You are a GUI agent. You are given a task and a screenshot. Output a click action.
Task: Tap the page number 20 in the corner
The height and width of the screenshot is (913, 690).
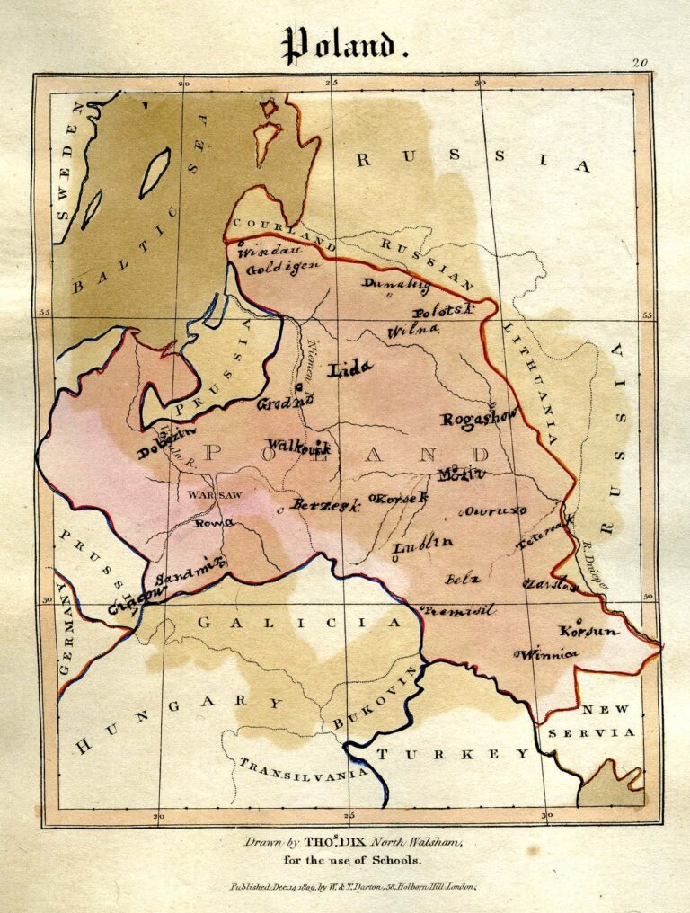(639, 63)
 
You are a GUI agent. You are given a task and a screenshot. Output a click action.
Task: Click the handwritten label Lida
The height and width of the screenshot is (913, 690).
(350, 368)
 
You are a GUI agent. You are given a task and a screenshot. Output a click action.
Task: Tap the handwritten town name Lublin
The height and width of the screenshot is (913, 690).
(422, 542)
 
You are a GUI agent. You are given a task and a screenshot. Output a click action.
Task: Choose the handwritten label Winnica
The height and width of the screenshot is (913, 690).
(545, 654)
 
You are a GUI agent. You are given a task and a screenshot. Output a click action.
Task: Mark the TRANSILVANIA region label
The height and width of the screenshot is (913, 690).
(301, 767)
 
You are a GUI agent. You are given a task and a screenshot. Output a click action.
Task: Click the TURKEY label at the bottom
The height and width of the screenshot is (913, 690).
(453, 754)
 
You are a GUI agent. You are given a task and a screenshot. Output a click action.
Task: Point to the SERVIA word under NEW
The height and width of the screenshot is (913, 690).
(604, 732)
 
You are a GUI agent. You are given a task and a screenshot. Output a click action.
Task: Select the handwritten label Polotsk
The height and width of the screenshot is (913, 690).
(443, 311)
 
